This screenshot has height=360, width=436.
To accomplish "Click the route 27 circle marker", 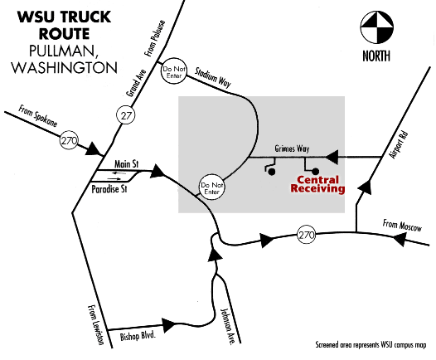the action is click(126, 115).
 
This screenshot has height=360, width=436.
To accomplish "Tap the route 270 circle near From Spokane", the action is click(69, 140).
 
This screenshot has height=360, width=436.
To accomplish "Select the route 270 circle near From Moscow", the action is click(307, 235).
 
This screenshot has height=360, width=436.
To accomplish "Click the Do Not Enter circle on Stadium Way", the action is click(174, 72).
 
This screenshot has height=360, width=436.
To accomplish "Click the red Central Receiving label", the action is click(317, 184).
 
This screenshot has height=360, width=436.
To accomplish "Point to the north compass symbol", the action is click(377, 27).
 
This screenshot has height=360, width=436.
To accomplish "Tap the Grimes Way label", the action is click(292, 148).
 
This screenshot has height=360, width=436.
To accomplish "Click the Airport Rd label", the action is click(399, 145).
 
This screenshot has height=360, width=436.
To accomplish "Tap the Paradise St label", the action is click(109, 189).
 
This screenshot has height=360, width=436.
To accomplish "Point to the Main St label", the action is click(127, 164).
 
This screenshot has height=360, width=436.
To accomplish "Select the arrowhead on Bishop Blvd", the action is click(169, 325).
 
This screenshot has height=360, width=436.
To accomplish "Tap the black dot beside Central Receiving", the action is click(315, 171).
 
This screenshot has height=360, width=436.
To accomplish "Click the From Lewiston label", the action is click(95, 325).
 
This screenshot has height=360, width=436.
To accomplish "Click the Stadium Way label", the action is click(213, 77).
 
